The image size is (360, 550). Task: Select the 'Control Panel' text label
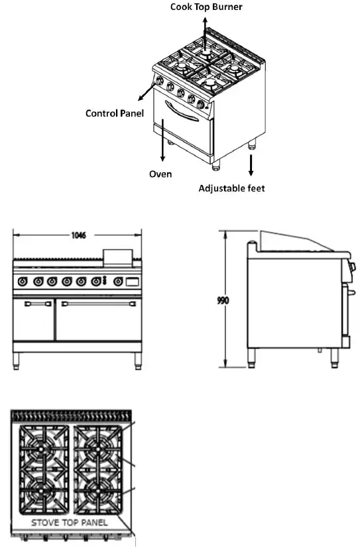[x=115, y=113]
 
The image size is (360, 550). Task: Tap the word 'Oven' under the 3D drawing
[x=160, y=174]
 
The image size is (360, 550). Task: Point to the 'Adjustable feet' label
[x=232, y=189]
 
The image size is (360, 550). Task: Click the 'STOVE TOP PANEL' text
[x=70, y=523]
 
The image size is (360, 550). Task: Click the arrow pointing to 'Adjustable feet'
[x=251, y=166]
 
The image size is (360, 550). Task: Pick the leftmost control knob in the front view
[x=23, y=282]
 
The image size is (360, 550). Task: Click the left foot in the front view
[x=17, y=360]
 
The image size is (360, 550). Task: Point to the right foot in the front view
[x=137, y=360]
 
